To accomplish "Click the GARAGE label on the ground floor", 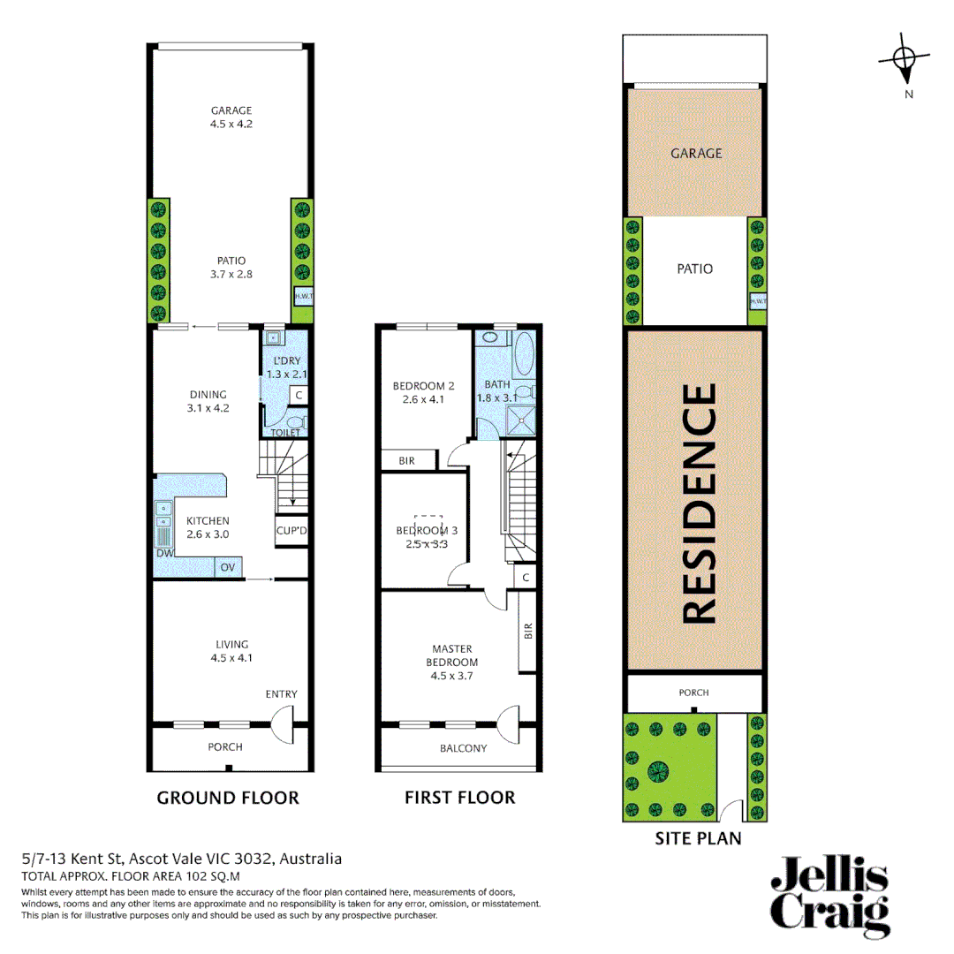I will coord(231,110).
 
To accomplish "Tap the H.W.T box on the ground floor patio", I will coord(301,298).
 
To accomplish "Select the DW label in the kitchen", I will coord(163,553).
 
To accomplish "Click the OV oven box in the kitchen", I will coord(227,566).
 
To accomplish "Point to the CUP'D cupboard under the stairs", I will coord(291,531).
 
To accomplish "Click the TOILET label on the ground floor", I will coord(284,432).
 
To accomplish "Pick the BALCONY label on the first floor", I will coord(463,748).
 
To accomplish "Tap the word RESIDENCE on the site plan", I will coord(698,503).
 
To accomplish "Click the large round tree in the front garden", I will coord(658,770).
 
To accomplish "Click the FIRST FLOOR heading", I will coord(459,798).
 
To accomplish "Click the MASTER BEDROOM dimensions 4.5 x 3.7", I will coord(454,675).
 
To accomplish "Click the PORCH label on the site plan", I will coord(693,693).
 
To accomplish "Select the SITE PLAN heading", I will coord(697,838).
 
